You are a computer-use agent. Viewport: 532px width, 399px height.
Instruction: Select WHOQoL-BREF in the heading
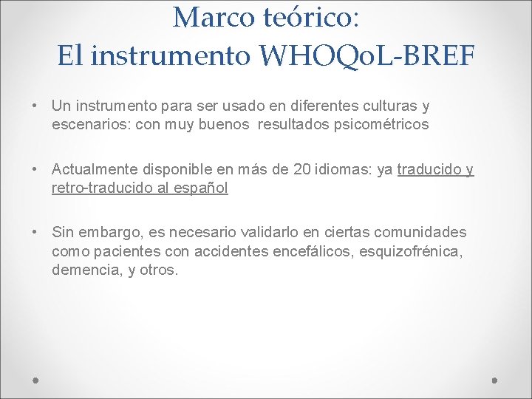coord(368,55)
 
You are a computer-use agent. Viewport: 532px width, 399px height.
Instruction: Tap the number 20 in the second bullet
coord(301,170)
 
